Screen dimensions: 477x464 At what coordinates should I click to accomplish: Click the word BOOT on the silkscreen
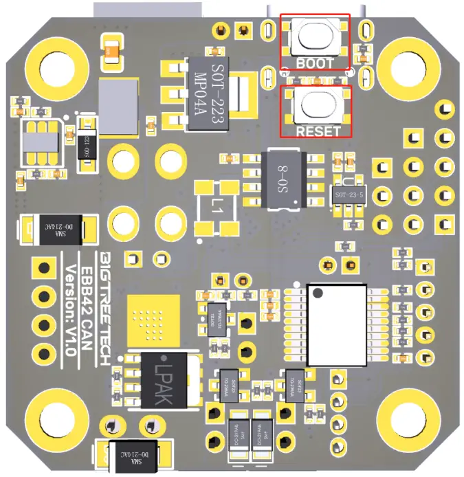pos(314,63)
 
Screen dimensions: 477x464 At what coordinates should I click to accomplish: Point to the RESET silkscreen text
pos(317,130)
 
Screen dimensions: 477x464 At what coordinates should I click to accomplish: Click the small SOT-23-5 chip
pos(346,195)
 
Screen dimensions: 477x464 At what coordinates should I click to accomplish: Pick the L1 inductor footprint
pos(217,206)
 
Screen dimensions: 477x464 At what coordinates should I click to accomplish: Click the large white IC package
pos(337,318)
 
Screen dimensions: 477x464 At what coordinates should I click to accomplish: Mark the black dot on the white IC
pos(317,293)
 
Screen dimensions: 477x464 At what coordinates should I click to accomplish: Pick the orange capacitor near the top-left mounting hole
pos(111,51)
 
